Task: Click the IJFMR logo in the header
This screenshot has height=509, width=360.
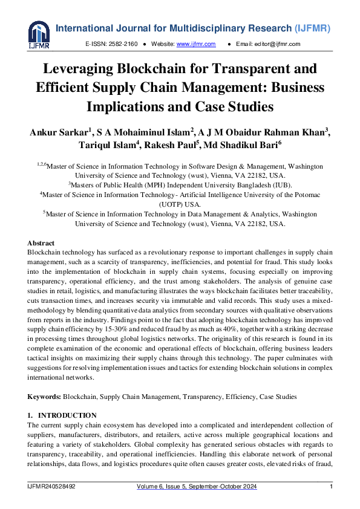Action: coord(39,34)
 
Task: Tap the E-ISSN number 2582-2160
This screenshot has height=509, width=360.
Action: coord(123,44)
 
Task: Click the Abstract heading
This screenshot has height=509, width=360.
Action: coord(41,243)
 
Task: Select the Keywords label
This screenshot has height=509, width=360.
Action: coord(44,397)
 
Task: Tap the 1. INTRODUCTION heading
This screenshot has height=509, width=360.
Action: coord(62,415)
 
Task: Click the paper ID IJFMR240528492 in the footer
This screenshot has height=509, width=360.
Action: coord(51,487)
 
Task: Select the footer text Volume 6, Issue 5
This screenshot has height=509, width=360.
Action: coord(161,487)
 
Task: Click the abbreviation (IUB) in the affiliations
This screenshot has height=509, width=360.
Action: coord(279,184)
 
